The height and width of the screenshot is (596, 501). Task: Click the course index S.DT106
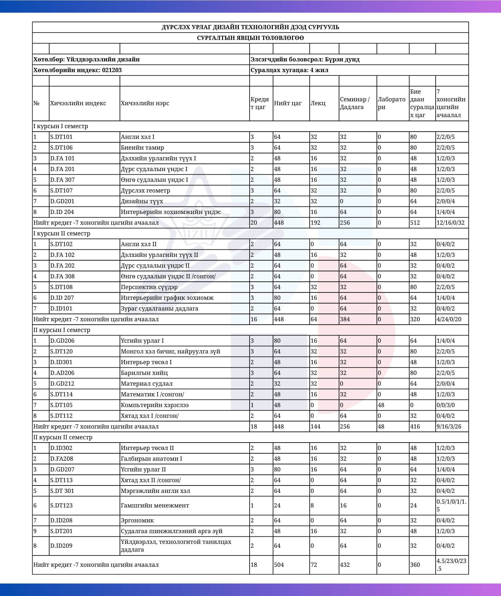pos(61,148)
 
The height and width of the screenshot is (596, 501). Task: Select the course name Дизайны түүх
pos(142,201)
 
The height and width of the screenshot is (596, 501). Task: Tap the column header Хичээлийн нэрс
pos(145,103)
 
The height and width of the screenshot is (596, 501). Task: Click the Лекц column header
pos(318,103)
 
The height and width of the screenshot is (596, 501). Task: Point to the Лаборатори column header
pos(392,103)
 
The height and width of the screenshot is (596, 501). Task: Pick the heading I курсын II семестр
pos(62,233)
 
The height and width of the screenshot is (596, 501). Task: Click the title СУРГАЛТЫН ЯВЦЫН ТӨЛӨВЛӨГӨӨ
pos(250,38)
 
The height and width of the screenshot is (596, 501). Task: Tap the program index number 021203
pos(112,70)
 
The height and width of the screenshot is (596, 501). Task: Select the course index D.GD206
pos(62,341)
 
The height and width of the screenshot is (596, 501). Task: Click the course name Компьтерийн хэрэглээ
pos(155,405)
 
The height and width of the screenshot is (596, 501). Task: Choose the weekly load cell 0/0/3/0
pos(446,405)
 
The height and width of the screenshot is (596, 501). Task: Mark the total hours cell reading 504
pos(279,565)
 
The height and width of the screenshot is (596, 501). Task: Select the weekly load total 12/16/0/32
pos(451,223)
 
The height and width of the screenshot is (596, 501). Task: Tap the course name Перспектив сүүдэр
pos(149,287)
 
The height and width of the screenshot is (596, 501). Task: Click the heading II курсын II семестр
pos(63,437)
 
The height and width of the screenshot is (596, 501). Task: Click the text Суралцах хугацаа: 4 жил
pos(289,70)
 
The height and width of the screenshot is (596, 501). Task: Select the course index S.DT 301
pos(62,491)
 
